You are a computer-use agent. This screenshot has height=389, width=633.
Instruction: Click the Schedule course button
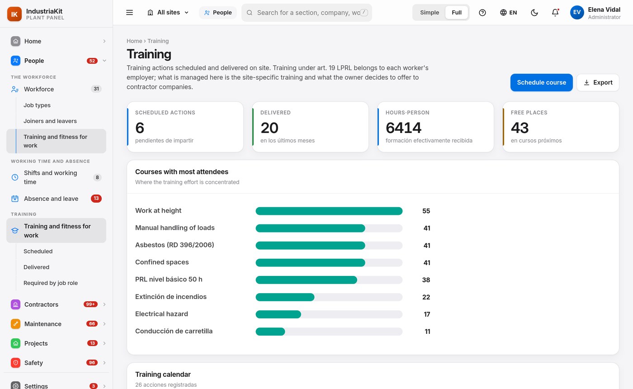(x=541, y=82)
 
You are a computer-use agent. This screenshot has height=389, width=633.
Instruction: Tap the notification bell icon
(x=555, y=13)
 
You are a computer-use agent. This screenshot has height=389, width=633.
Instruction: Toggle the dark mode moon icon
(x=534, y=13)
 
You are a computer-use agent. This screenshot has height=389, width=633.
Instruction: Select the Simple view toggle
(x=429, y=13)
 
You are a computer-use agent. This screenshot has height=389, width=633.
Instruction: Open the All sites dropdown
(x=168, y=13)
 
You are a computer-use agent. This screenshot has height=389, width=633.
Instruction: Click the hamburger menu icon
(x=129, y=13)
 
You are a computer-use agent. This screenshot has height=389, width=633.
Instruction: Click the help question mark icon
(x=482, y=13)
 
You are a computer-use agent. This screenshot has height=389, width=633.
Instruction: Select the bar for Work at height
(x=329, y=211)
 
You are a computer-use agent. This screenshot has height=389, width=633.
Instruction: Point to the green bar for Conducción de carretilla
(x=270, y=331)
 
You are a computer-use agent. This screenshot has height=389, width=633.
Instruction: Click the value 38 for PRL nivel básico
(x=426, y=280)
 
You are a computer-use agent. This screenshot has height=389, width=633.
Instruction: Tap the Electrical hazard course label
(x=161, y=314)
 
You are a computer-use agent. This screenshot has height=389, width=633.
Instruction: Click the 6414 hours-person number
(x=403, y=128)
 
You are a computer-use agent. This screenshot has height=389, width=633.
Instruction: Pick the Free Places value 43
(x=520, y=128)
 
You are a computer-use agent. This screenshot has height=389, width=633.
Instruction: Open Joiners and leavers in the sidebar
(x=50, y=121)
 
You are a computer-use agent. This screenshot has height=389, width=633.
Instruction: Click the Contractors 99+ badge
(x=90, y=304)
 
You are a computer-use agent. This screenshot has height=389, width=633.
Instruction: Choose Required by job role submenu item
(x=51, y=283)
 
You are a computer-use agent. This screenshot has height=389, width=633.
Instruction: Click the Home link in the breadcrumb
(x=134, y=41)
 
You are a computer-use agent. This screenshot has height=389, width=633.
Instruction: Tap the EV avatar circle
(x=577, y=13)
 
